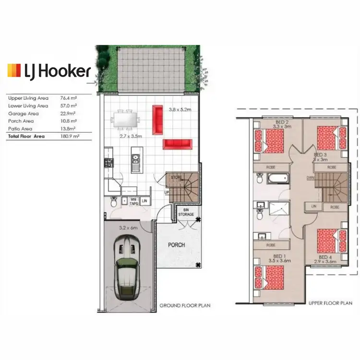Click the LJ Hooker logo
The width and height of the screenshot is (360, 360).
49,71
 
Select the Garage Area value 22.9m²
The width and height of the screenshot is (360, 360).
70,113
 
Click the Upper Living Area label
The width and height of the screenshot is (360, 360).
28,98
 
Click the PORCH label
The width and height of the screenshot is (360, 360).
176,245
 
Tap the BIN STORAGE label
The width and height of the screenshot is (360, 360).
186,212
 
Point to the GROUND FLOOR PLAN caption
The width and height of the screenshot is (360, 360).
185,305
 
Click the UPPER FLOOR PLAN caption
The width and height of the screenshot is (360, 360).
331,303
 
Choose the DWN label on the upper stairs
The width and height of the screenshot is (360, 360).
311,178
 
